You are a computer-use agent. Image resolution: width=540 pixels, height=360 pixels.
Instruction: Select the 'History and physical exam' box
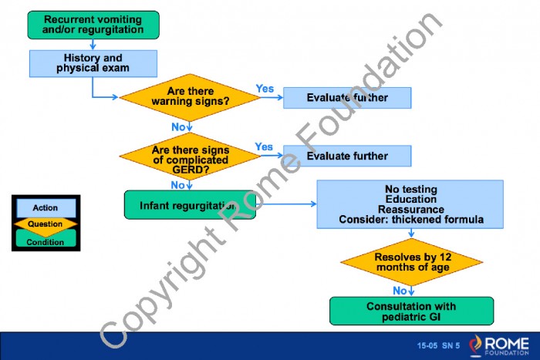pyautogui.click(x=93, y=62)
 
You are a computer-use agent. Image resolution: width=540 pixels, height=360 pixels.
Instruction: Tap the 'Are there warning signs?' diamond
pyautogui.click(x=190, y=96)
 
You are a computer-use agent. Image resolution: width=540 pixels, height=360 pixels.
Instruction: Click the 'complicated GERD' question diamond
pyautogui.click(x=190, y=155)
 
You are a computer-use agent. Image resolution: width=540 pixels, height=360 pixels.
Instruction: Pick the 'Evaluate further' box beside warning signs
pyautogui.click(x=347, y=97)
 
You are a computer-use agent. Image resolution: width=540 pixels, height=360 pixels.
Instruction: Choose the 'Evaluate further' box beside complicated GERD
pyautogui.click(x=347, y=156)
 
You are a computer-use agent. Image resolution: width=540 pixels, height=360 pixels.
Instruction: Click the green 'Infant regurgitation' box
pyautogui.click(x=189, y=205)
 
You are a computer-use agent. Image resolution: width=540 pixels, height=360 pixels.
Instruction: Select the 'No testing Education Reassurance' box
pyautogui.click(x=410, y=204)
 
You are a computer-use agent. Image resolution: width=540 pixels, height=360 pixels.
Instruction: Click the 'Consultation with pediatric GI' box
pyautogui.click(x=411, y=311)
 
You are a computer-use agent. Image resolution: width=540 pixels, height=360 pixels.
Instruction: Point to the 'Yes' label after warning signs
pyautogui.click(x=265, y=89)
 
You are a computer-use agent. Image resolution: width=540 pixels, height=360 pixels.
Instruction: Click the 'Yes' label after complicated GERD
pyautogui.click(x=264, y=146)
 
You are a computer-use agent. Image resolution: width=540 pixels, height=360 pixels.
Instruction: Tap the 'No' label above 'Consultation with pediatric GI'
pyautogui.click(x=400, y=291)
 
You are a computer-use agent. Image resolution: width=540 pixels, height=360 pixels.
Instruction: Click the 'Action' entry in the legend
pyautogui.click(x=46, y=208)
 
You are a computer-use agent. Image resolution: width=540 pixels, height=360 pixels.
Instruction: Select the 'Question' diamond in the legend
pyautogui.click(x=46, y=224)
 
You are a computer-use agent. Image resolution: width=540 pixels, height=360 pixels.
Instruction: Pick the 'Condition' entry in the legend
pyautogui.click(x=46, y=241)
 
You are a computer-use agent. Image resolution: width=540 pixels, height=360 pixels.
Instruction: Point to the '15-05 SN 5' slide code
pyautogui.click(x=438, y=344)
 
